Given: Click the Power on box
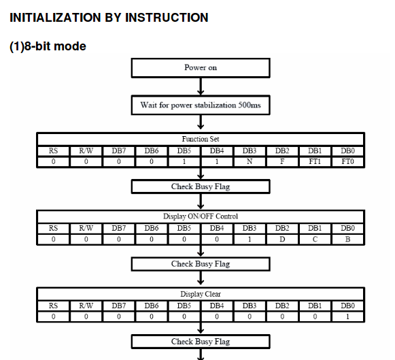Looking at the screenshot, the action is (201, 68).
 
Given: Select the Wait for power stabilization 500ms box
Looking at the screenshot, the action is (201, 105).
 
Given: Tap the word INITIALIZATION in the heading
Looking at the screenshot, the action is (55, 18).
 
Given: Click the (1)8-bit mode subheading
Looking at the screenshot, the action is (48, 46).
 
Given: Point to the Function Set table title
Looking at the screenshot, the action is (201, 139).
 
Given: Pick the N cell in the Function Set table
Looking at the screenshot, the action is (250, 161).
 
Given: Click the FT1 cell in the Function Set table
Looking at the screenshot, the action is (315, 161).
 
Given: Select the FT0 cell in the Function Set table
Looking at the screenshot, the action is (347, 161).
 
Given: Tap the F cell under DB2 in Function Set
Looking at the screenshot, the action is (282, 161).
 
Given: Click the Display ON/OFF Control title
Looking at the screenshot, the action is (201, 216).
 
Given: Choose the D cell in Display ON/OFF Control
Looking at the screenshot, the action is (282, 239).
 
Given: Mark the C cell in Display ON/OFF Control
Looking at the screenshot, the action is (315, 239).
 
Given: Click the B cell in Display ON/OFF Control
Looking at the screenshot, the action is (347, 239).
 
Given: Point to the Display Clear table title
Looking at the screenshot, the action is (201, 294).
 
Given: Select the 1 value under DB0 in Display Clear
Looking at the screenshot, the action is (347, 316).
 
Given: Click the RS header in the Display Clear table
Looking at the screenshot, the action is (53, 306).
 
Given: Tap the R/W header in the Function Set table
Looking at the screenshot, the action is (86, 151).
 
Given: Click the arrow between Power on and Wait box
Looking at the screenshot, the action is (201, 86).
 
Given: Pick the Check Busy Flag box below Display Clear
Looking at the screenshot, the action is (201, 342).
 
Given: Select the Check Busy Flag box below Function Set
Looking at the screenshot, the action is (201, 186).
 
